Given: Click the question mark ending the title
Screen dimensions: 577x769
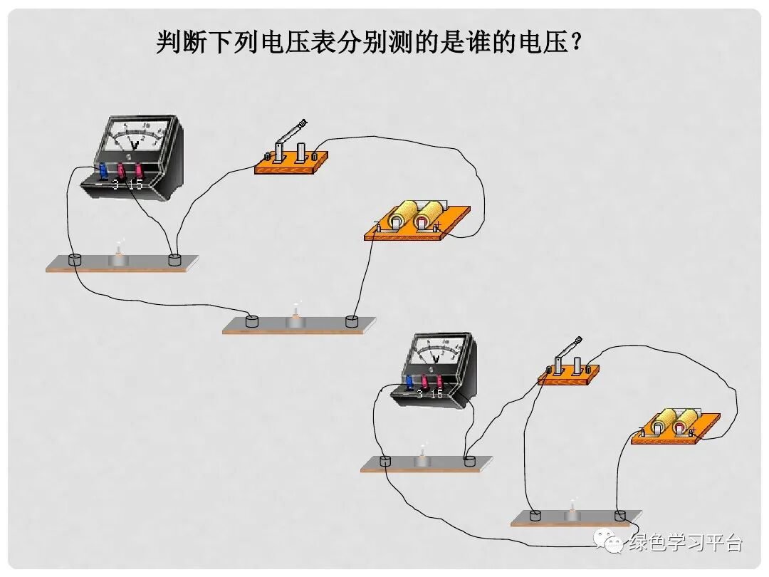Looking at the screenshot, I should (x=575, y=43).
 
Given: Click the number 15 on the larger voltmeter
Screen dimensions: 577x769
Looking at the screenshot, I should (x=135, y=184).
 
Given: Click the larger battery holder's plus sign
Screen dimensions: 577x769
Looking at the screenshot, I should (x=437, y=226).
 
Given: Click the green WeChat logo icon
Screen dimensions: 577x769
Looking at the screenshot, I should (x=612, y=544).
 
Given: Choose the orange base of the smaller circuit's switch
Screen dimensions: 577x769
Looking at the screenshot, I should (x=568, y=376).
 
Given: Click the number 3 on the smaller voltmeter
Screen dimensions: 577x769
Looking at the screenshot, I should (x=420, y=393).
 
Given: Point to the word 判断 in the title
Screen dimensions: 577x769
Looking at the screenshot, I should (x=175, y=43).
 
